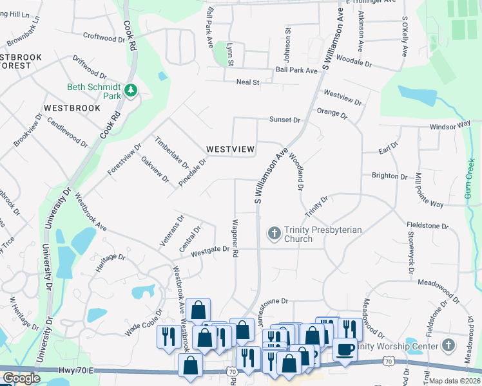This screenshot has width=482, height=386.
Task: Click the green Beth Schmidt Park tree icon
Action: click(x=131, y=90)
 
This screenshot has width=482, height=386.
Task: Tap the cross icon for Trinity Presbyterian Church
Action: click(x=274, y=233)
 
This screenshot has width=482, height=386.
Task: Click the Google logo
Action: click(x=21, y=378)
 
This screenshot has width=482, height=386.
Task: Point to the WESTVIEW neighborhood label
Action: click(x=230, y=149)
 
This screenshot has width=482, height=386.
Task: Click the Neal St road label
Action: click(x=247, y=82)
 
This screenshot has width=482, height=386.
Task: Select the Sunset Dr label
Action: click(x=285, y=120)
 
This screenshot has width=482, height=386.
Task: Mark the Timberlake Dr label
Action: click(x=171, y=152)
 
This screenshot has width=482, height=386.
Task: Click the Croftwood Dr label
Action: click(x=99, y=37)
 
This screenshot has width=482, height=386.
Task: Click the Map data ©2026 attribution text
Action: click(x=455, y=381)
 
